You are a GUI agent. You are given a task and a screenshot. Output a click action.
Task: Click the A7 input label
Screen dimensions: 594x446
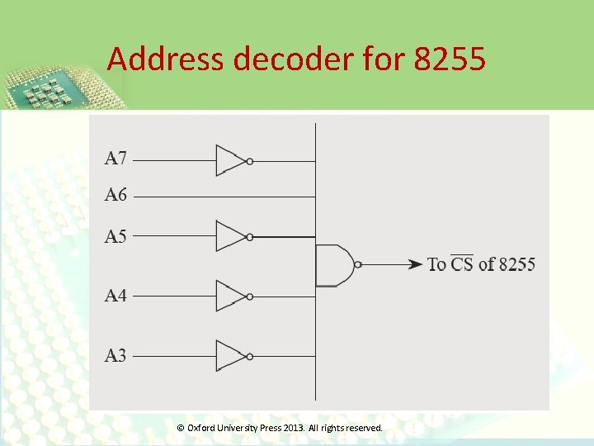[x=115, y=158]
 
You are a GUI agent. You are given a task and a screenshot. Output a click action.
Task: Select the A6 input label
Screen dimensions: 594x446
[x=115, y=196]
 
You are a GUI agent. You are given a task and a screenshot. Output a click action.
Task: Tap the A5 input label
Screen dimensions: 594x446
[x=115, y=237]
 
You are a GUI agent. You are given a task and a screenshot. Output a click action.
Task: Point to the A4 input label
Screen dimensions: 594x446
[x=115, y=296]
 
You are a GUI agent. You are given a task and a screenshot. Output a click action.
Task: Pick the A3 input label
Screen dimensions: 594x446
[x=115, y=356]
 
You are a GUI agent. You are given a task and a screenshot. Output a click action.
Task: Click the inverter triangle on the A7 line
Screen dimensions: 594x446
[x=230, y=161]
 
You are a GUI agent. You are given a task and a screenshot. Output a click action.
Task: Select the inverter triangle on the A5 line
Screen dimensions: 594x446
[x=230, y=236]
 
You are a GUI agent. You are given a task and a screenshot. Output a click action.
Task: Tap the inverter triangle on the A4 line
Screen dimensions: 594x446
[x=230, y=296]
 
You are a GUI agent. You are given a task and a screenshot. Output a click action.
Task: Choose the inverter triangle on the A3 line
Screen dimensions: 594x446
[x=230, y=356]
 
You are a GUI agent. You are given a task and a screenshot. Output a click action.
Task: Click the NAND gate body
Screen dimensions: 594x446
[x=332, y=265]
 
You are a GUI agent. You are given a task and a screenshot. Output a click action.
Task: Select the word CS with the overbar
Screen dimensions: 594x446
[x=462, y=264]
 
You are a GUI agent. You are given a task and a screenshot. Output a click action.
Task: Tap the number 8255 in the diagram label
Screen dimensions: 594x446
[x=517, y=265]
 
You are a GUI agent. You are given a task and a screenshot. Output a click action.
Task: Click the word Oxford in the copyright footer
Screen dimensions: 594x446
[x=201, y=428]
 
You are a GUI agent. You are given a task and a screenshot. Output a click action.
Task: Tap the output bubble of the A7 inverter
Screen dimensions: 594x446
[x=250, y=161]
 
